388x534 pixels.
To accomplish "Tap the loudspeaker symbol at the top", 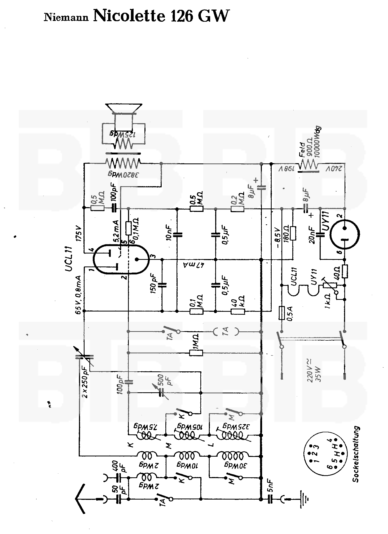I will (x=124, y=109).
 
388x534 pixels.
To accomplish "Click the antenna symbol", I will (x=81, y=499).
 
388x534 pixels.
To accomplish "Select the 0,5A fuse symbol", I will (x=282, y=313).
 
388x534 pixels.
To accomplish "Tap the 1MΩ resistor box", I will (x=196, y=353).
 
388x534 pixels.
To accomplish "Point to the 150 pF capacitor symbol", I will (x=162, y=285).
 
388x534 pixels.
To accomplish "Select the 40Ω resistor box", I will (x=345, y=271).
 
